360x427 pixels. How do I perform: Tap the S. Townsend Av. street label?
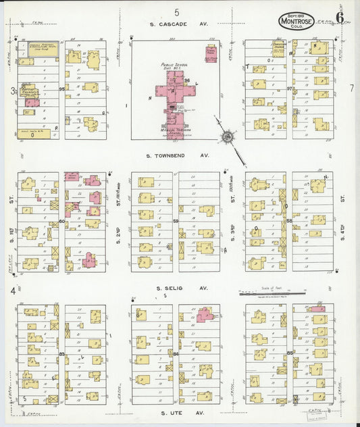coord(178,155)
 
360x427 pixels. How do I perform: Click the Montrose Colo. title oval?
coord(296,22)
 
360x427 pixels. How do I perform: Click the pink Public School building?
coord(174,95)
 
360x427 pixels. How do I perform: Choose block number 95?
coord(61,89)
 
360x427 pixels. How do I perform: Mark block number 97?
coord(289,89)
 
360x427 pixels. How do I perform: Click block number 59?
coord(175,221)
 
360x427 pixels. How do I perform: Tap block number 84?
coord(176,353)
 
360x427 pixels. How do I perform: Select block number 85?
coord(289,353)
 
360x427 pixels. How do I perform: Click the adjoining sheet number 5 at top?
coord(177,11)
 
